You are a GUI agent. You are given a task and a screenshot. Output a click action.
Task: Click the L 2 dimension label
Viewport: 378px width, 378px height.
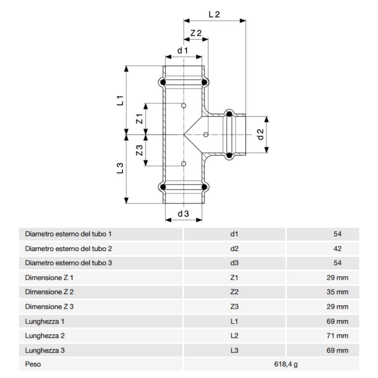coord(214,14)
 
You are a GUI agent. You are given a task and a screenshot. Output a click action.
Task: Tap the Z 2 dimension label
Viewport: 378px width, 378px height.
coord(196,33)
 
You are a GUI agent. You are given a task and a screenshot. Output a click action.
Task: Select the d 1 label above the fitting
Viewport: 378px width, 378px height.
coord(183,51)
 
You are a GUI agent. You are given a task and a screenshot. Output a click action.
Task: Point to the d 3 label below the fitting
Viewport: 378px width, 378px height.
coord(183,214)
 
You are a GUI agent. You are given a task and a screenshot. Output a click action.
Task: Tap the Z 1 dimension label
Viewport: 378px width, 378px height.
coord(139,119)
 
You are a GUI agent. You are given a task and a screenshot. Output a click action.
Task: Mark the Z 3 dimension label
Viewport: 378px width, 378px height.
coord(139,150)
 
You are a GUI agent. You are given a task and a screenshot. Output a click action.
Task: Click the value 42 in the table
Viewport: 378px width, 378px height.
coord(337,249)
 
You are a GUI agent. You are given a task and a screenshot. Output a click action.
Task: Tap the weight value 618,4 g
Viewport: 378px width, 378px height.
coord(286,365)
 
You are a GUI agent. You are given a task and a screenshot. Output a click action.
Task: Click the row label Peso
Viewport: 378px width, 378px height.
coord(33,365)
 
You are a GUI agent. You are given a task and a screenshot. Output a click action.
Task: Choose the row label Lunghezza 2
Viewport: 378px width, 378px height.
coord(45,336)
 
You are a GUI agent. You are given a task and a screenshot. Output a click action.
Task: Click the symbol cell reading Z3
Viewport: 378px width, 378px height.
coord(234,307)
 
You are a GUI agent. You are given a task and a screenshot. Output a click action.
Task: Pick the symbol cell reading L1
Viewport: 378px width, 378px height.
coord(234,321)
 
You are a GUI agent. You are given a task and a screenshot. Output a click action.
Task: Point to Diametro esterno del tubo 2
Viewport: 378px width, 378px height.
coord(68,249)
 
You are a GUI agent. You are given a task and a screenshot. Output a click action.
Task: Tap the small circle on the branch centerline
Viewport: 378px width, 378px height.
coord(205,134)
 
